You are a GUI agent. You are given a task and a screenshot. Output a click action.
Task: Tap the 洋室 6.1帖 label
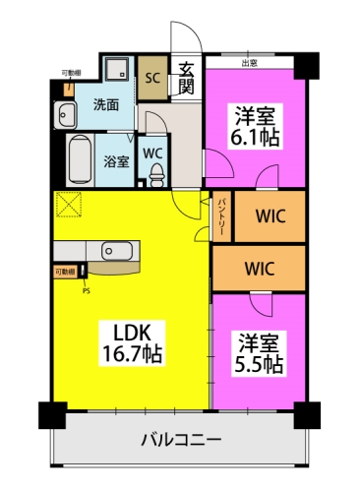[256, 126]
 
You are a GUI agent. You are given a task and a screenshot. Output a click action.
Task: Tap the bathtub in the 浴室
[81, 158]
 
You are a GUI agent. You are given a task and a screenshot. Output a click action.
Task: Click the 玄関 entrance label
[186, 78]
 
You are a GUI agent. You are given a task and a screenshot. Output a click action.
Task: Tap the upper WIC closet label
[270, 216]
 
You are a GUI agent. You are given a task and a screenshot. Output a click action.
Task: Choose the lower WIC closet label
[260, 267]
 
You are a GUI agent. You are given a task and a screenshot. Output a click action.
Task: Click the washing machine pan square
[117, 70]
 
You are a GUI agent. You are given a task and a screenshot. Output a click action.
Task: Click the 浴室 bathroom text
[116, 161]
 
